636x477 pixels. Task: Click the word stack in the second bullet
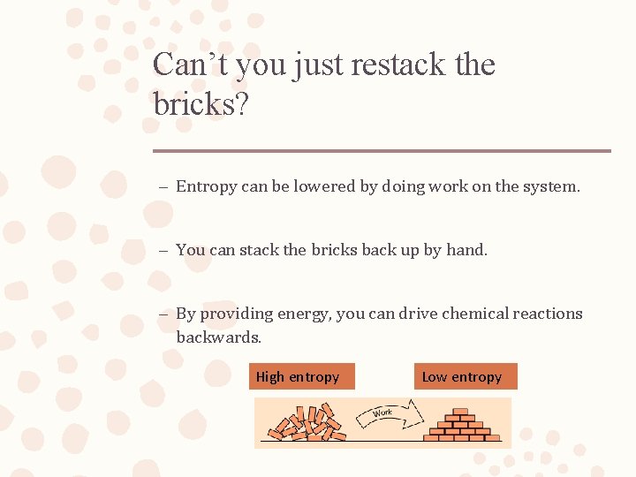(258, 250)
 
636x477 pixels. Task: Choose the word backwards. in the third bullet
(219, 337)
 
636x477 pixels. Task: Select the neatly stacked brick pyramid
(462, 425)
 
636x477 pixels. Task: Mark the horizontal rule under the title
(382, 151)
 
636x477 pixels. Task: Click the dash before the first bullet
(164, 187)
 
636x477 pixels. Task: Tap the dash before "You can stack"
(164, 251)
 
